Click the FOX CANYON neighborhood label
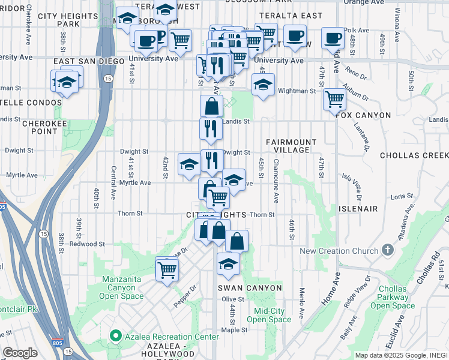364,115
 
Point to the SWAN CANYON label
250,288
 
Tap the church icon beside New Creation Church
388,250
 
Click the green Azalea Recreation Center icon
114,337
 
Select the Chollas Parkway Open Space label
393,297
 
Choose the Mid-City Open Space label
268,315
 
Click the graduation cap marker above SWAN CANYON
228,264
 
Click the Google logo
20,353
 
